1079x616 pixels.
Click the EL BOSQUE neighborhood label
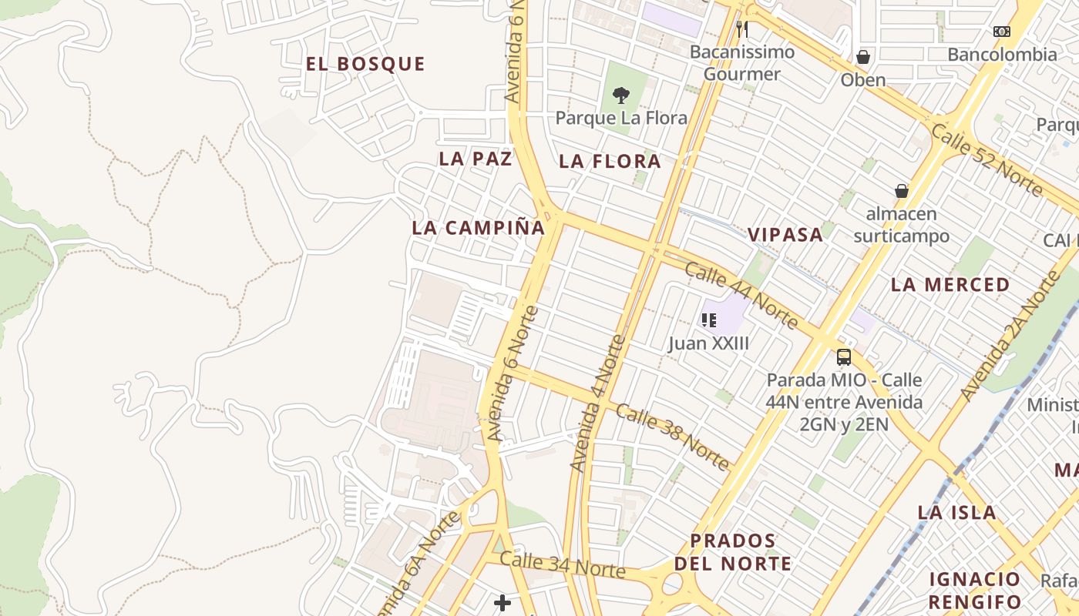365,64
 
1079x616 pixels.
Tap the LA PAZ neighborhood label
476,159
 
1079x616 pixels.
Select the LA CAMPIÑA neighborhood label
479,228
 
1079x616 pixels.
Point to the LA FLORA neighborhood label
610,162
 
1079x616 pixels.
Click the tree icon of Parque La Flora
620,95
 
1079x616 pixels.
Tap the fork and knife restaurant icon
742,29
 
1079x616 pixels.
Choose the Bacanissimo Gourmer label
742,63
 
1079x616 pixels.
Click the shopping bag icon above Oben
863,57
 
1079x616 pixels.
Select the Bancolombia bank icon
1002,32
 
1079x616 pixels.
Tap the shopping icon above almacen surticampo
901,190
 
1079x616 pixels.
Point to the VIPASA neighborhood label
785,235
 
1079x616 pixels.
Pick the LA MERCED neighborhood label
950,285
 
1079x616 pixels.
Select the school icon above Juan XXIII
709,320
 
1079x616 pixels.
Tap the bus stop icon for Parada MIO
844,357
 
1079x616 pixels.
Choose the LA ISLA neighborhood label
956,512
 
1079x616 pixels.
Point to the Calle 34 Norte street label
562,565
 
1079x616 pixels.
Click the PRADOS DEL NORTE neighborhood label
733,552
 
